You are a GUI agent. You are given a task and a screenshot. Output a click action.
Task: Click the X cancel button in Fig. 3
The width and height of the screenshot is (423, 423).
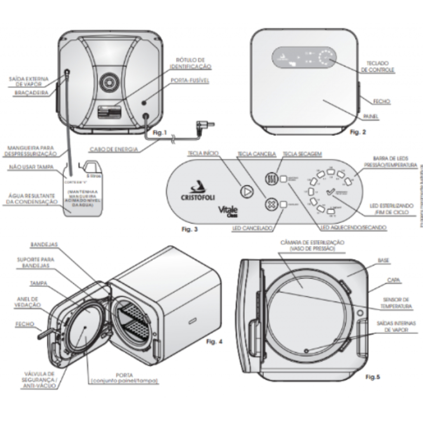click(x=271, y=204)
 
